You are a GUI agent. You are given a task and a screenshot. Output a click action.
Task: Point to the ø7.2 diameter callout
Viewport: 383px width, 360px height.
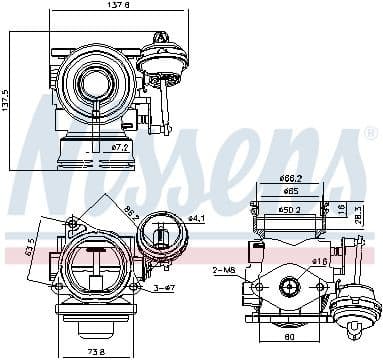pos(119,146)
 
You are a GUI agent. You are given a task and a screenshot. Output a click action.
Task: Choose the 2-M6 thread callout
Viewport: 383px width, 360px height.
pos(224,270)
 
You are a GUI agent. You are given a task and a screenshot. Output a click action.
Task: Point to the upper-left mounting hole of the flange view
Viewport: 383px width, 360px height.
pos(71,222)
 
